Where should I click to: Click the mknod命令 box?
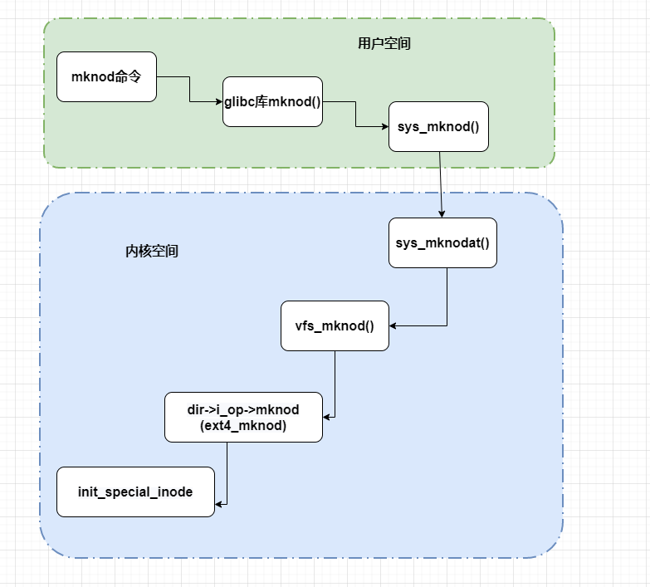click(106, 76)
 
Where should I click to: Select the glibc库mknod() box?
click(272, 101)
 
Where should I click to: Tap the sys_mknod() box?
click(438, 126)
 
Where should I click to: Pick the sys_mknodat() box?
click(442, 242)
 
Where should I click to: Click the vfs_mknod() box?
click(335, 325)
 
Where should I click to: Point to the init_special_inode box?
click(135, 492)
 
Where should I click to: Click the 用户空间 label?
click(379, 44)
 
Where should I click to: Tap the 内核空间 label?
click(151, 251)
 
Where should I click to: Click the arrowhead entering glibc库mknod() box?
click(218, 101)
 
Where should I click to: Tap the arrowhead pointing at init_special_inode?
click(219, 503)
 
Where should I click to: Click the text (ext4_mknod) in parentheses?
click(243, 425)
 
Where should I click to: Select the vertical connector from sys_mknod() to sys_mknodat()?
click(440, 183)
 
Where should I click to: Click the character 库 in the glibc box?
click(263, 101)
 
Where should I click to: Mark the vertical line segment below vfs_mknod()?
click(335, 382)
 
